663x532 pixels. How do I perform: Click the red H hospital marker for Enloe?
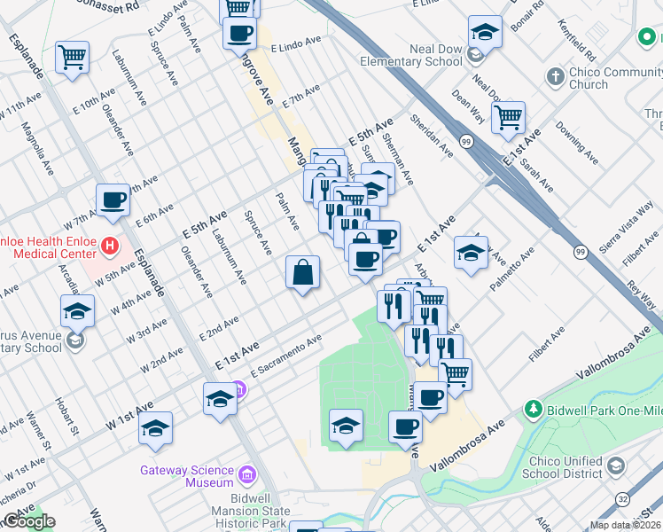tap(110, 245)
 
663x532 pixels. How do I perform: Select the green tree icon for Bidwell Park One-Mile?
tap(533, 409)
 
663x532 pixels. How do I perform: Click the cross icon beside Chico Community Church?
tap(555, 76)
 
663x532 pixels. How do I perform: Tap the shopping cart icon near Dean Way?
tap(508, 116)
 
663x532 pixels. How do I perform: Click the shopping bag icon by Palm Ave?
tap(302, 271)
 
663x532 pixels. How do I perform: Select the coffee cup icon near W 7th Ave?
tap(113, 201)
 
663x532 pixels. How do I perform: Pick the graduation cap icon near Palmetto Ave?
tap(471, 253)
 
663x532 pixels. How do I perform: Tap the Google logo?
tap(28, 521)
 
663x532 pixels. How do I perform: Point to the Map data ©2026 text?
tap(625, 525)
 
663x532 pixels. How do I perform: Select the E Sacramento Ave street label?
tap(285, 355)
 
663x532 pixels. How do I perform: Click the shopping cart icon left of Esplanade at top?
tap(72, 58)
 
